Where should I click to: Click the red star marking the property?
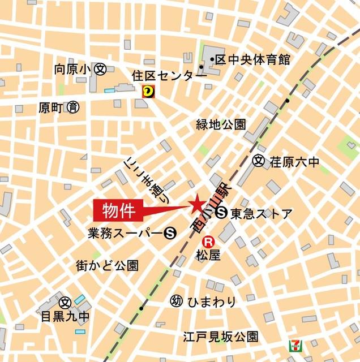point(196,203)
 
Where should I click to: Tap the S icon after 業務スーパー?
point(169,231)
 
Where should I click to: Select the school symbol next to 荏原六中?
point(259,162)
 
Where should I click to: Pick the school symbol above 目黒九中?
point(65,302)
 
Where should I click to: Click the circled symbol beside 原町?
point(72,106)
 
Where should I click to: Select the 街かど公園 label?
point(107,265)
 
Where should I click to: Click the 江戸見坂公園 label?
point(220,337)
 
